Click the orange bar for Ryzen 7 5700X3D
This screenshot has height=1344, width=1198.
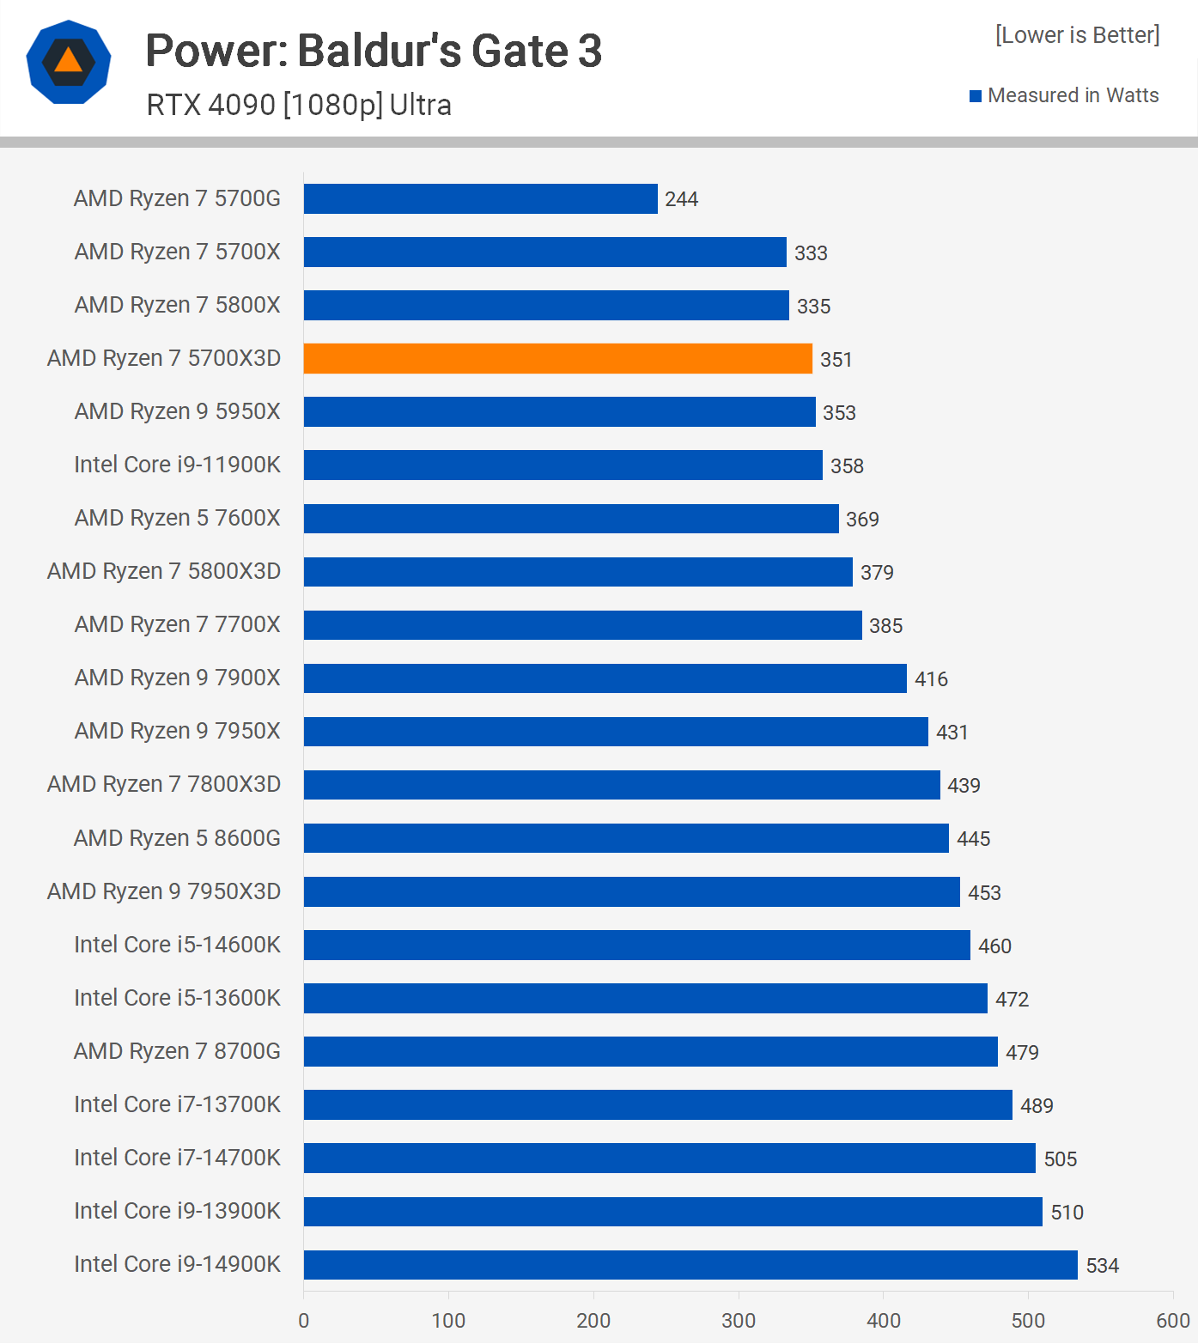click(x=557, y=359)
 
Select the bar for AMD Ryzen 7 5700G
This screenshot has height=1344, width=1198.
click(x=480, y=198)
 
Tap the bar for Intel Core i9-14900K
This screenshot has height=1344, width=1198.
click(x=690, y=1265)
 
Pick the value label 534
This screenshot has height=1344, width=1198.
click(x=1103, y=1266)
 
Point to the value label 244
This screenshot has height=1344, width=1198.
click(x=681, y=199)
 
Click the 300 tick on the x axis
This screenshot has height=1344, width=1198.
click(x=739, y=1321)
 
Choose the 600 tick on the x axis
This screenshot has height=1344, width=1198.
click(x=1173, y=1321)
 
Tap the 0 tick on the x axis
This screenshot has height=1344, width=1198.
click(x=303, y=1321)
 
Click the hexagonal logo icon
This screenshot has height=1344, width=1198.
click(x=69, y=62)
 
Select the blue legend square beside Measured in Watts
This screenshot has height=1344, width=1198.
click(x=976, y=96)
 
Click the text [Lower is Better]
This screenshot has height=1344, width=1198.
click(x=1077, y=35)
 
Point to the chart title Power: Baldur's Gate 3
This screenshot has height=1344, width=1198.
click(x=374, y=51)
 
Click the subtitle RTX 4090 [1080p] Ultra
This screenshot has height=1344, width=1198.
click(x=299, y=105)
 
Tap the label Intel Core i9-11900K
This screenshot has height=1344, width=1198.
click(x=177, y=465)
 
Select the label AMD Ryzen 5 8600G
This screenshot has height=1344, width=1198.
click(x=177, y=838)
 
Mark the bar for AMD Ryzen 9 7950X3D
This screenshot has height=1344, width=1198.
click(x=631, y=891)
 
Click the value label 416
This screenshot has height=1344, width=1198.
click(x=931, y=679)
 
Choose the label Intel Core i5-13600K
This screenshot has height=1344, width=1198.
click(x=177, y=998)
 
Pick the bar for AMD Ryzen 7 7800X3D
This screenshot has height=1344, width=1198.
click(x=622, y=785)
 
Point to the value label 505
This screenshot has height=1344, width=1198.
click(x=1060, y=1159)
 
